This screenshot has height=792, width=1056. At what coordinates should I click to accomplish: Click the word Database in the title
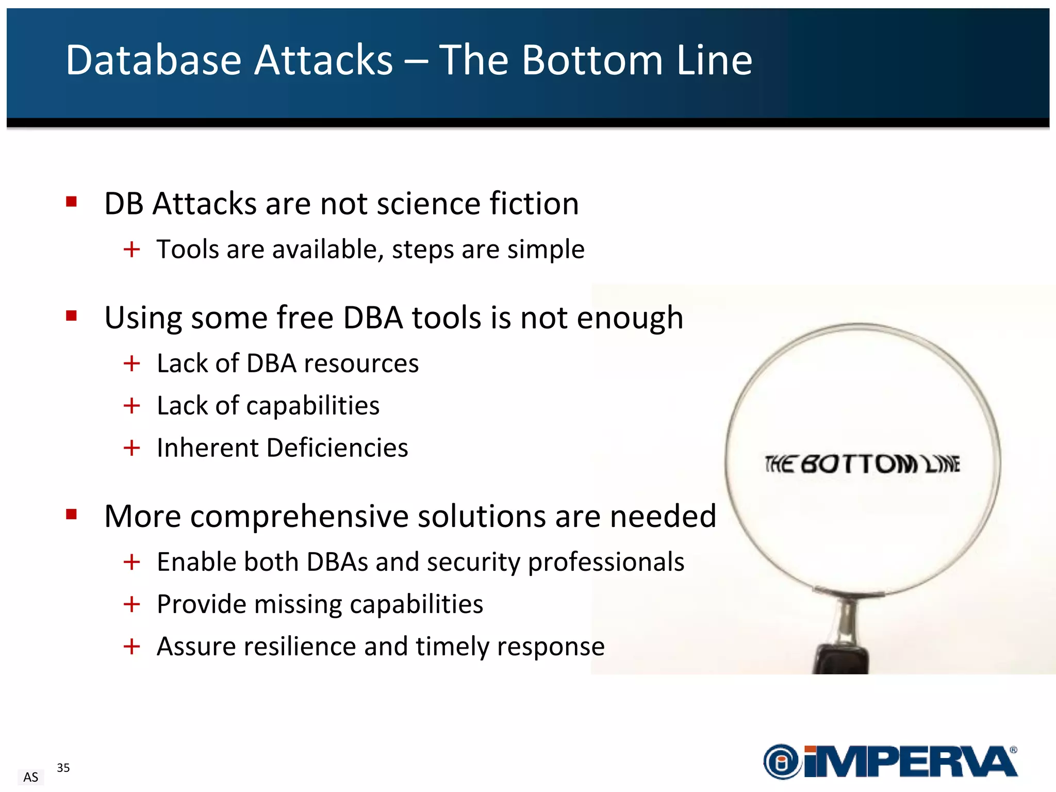[x=153, y=60]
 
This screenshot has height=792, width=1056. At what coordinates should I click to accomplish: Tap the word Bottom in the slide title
[x=592, y=60]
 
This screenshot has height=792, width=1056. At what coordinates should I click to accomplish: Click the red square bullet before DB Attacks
[x=72, y=202]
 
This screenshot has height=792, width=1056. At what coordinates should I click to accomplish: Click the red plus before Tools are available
[x=132, y=250]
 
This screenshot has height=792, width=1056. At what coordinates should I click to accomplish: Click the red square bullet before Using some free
[x=72, y=316]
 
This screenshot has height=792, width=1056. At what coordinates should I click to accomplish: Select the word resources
[x=361, y=364]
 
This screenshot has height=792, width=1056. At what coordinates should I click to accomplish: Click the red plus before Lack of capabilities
[x=132, y=406]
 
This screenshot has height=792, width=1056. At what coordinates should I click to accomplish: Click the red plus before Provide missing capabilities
[x=132, y=604]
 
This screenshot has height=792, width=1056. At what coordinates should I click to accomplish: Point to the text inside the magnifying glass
[x=862, y=464]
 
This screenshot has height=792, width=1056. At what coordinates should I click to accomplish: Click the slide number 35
[x=63, y=768]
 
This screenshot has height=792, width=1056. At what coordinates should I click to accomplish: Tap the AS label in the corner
[x=31, y=777]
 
